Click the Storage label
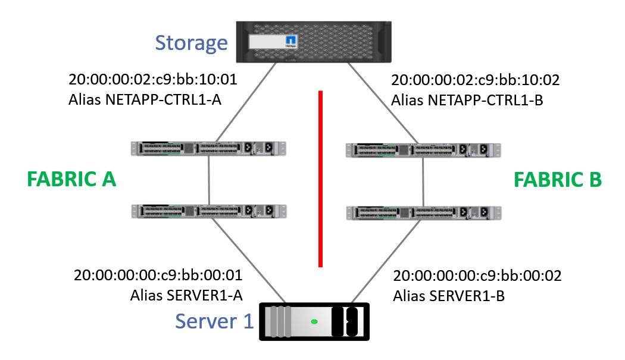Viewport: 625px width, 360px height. pos(191,43)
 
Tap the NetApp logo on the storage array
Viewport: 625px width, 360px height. pos(291,42)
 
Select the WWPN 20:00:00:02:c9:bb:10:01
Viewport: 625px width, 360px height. pos(153,79)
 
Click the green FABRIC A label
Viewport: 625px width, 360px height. pos(71,179)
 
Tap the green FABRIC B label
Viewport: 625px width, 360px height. pos(558,179)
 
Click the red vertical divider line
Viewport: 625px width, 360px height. pos(320,179)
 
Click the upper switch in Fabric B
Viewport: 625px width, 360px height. pos(423,149)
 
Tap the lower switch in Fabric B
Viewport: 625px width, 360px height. pos(423,212)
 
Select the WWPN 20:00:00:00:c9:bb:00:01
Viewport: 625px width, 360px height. pos(158,276)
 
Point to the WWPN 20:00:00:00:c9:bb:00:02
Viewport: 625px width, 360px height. pos(477,276)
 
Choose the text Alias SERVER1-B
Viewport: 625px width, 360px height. pos(449,295)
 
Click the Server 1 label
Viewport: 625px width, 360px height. pos(214,321)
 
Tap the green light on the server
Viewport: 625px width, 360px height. pos(314,322)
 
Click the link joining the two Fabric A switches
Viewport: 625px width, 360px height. pos(209,179)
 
